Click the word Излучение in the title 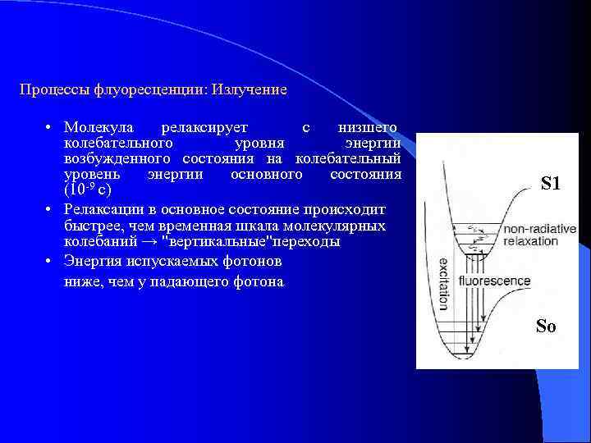tap(250, 89)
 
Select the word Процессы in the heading tap(50, 89)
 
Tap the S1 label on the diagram tap(551, 185)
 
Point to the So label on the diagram tap(546, 327)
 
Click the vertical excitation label tap(443, 284)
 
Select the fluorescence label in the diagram tap(494, 281)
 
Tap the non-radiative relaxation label tap(539, 235)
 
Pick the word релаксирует tap(203, 128)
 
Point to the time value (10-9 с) tap(88, 191)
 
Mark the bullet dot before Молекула tap(49, 129)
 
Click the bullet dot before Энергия tap(49, 262)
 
